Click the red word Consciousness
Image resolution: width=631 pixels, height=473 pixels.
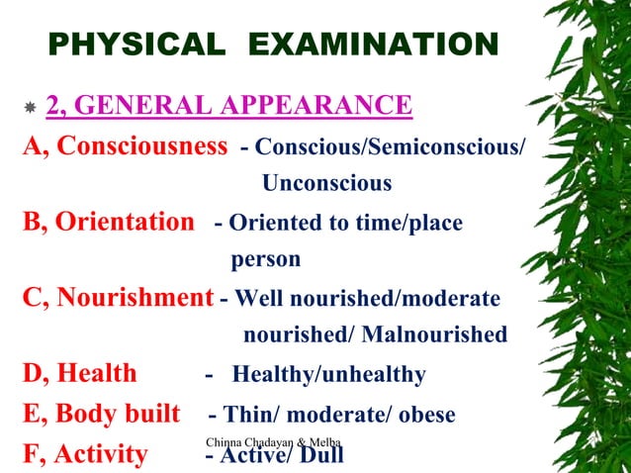[x=141, y=146]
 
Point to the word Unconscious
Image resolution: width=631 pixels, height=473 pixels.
[x=326, y=184]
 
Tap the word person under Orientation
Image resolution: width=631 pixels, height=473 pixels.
[x=265, y=259]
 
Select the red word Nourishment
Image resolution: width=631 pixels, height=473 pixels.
[x=135, y=297]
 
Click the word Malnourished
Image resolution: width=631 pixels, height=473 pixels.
[x=434, y=335]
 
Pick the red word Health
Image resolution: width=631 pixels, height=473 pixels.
[x=97, y=374]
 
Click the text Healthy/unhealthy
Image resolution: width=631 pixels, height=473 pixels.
[x=329, y=375]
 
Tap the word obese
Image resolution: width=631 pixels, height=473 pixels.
[x=422, y=415]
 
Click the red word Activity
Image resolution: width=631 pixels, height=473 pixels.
[x=100, y=454]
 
